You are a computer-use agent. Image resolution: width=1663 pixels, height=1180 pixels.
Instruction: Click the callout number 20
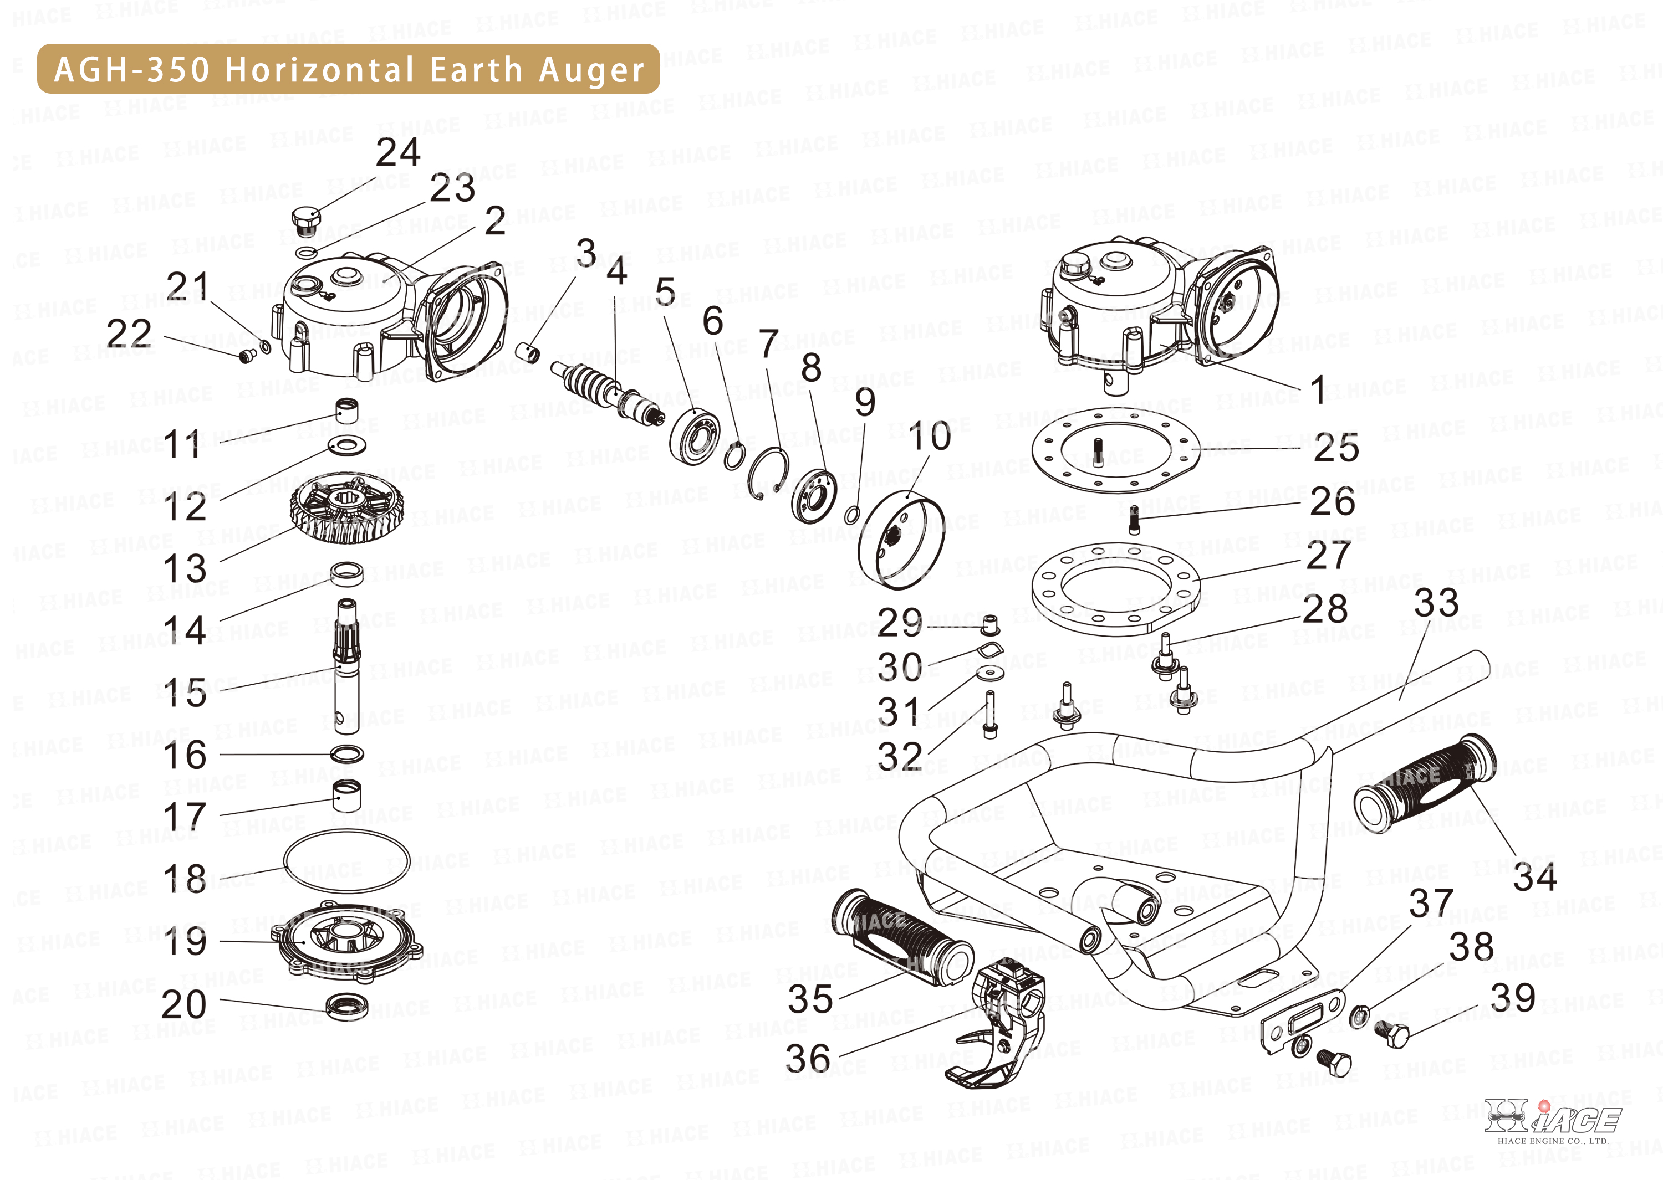point(184,1004)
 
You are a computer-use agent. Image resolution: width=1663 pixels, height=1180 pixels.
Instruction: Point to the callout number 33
point(1436,603)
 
